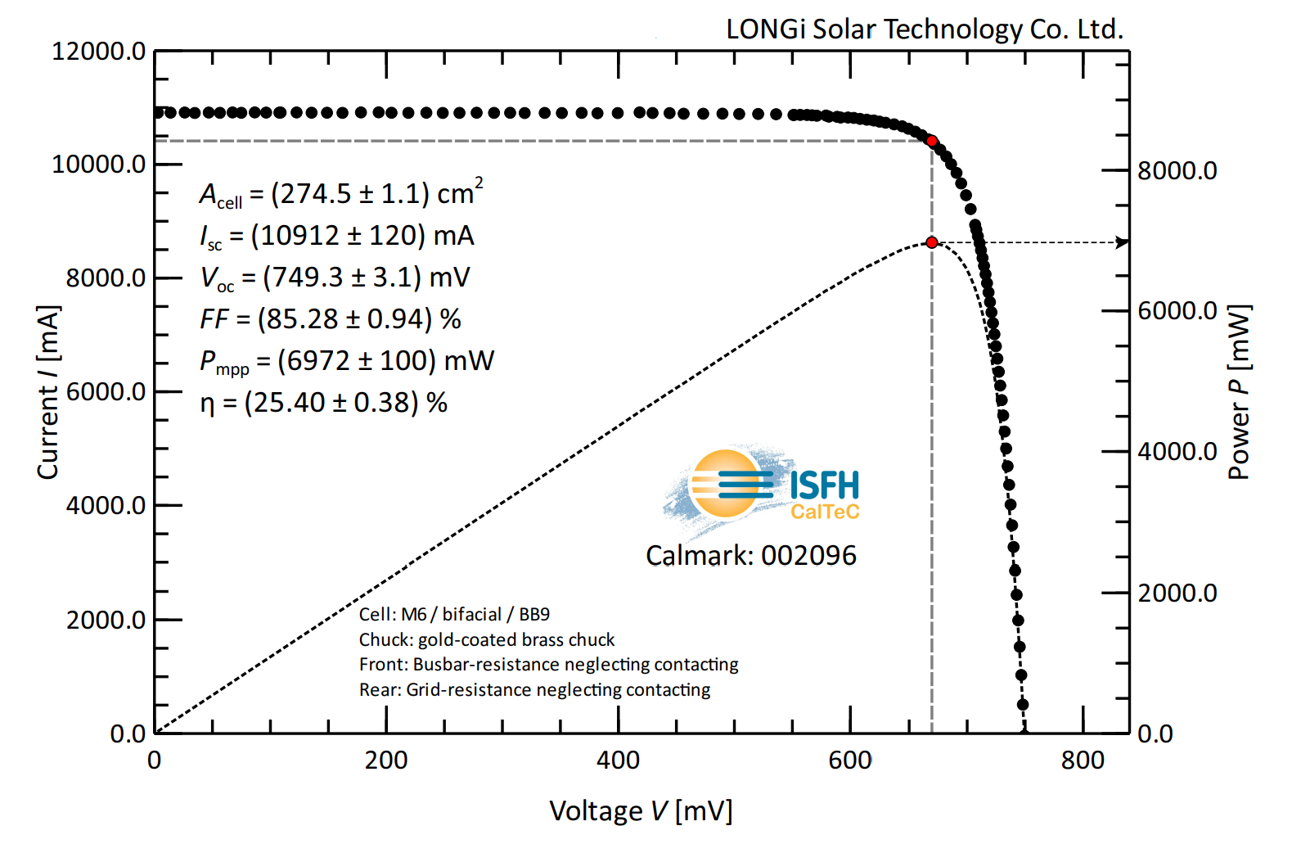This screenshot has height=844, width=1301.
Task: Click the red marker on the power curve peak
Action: click(x=932, y=242)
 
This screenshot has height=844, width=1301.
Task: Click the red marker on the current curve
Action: click(x=932, y=141)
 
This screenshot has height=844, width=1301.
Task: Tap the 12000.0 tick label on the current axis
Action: click(x=98, y=52)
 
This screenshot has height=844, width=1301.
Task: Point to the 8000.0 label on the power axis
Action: click(x=1177, y=171)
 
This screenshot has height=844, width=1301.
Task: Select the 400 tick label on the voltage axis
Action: click(x=618, y=761)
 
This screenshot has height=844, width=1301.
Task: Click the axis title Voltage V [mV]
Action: click(x=641, y=811)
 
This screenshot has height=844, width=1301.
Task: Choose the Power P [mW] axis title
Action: click(x=1239, y=392)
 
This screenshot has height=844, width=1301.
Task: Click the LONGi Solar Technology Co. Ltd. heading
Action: click(x=925, y=29)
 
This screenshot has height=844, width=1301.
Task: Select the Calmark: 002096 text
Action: click(x=750, y=556)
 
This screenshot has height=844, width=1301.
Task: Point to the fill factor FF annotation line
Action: click(x=331, y=318)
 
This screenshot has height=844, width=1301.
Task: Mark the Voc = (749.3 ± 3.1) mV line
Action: click(x=335, y=278)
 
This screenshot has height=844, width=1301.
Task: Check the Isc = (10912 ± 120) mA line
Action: click(x=337, y=236)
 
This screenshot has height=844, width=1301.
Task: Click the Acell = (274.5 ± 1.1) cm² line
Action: click(x=341, y=194)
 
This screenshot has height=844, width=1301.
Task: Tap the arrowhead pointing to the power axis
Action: click(x=1123, y=242)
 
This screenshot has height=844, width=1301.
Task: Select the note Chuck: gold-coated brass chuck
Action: click(x=487, y=639)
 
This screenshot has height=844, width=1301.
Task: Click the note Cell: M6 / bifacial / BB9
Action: click(x=454, y=614)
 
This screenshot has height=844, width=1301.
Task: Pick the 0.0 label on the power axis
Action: click(x=1155, y=733)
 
